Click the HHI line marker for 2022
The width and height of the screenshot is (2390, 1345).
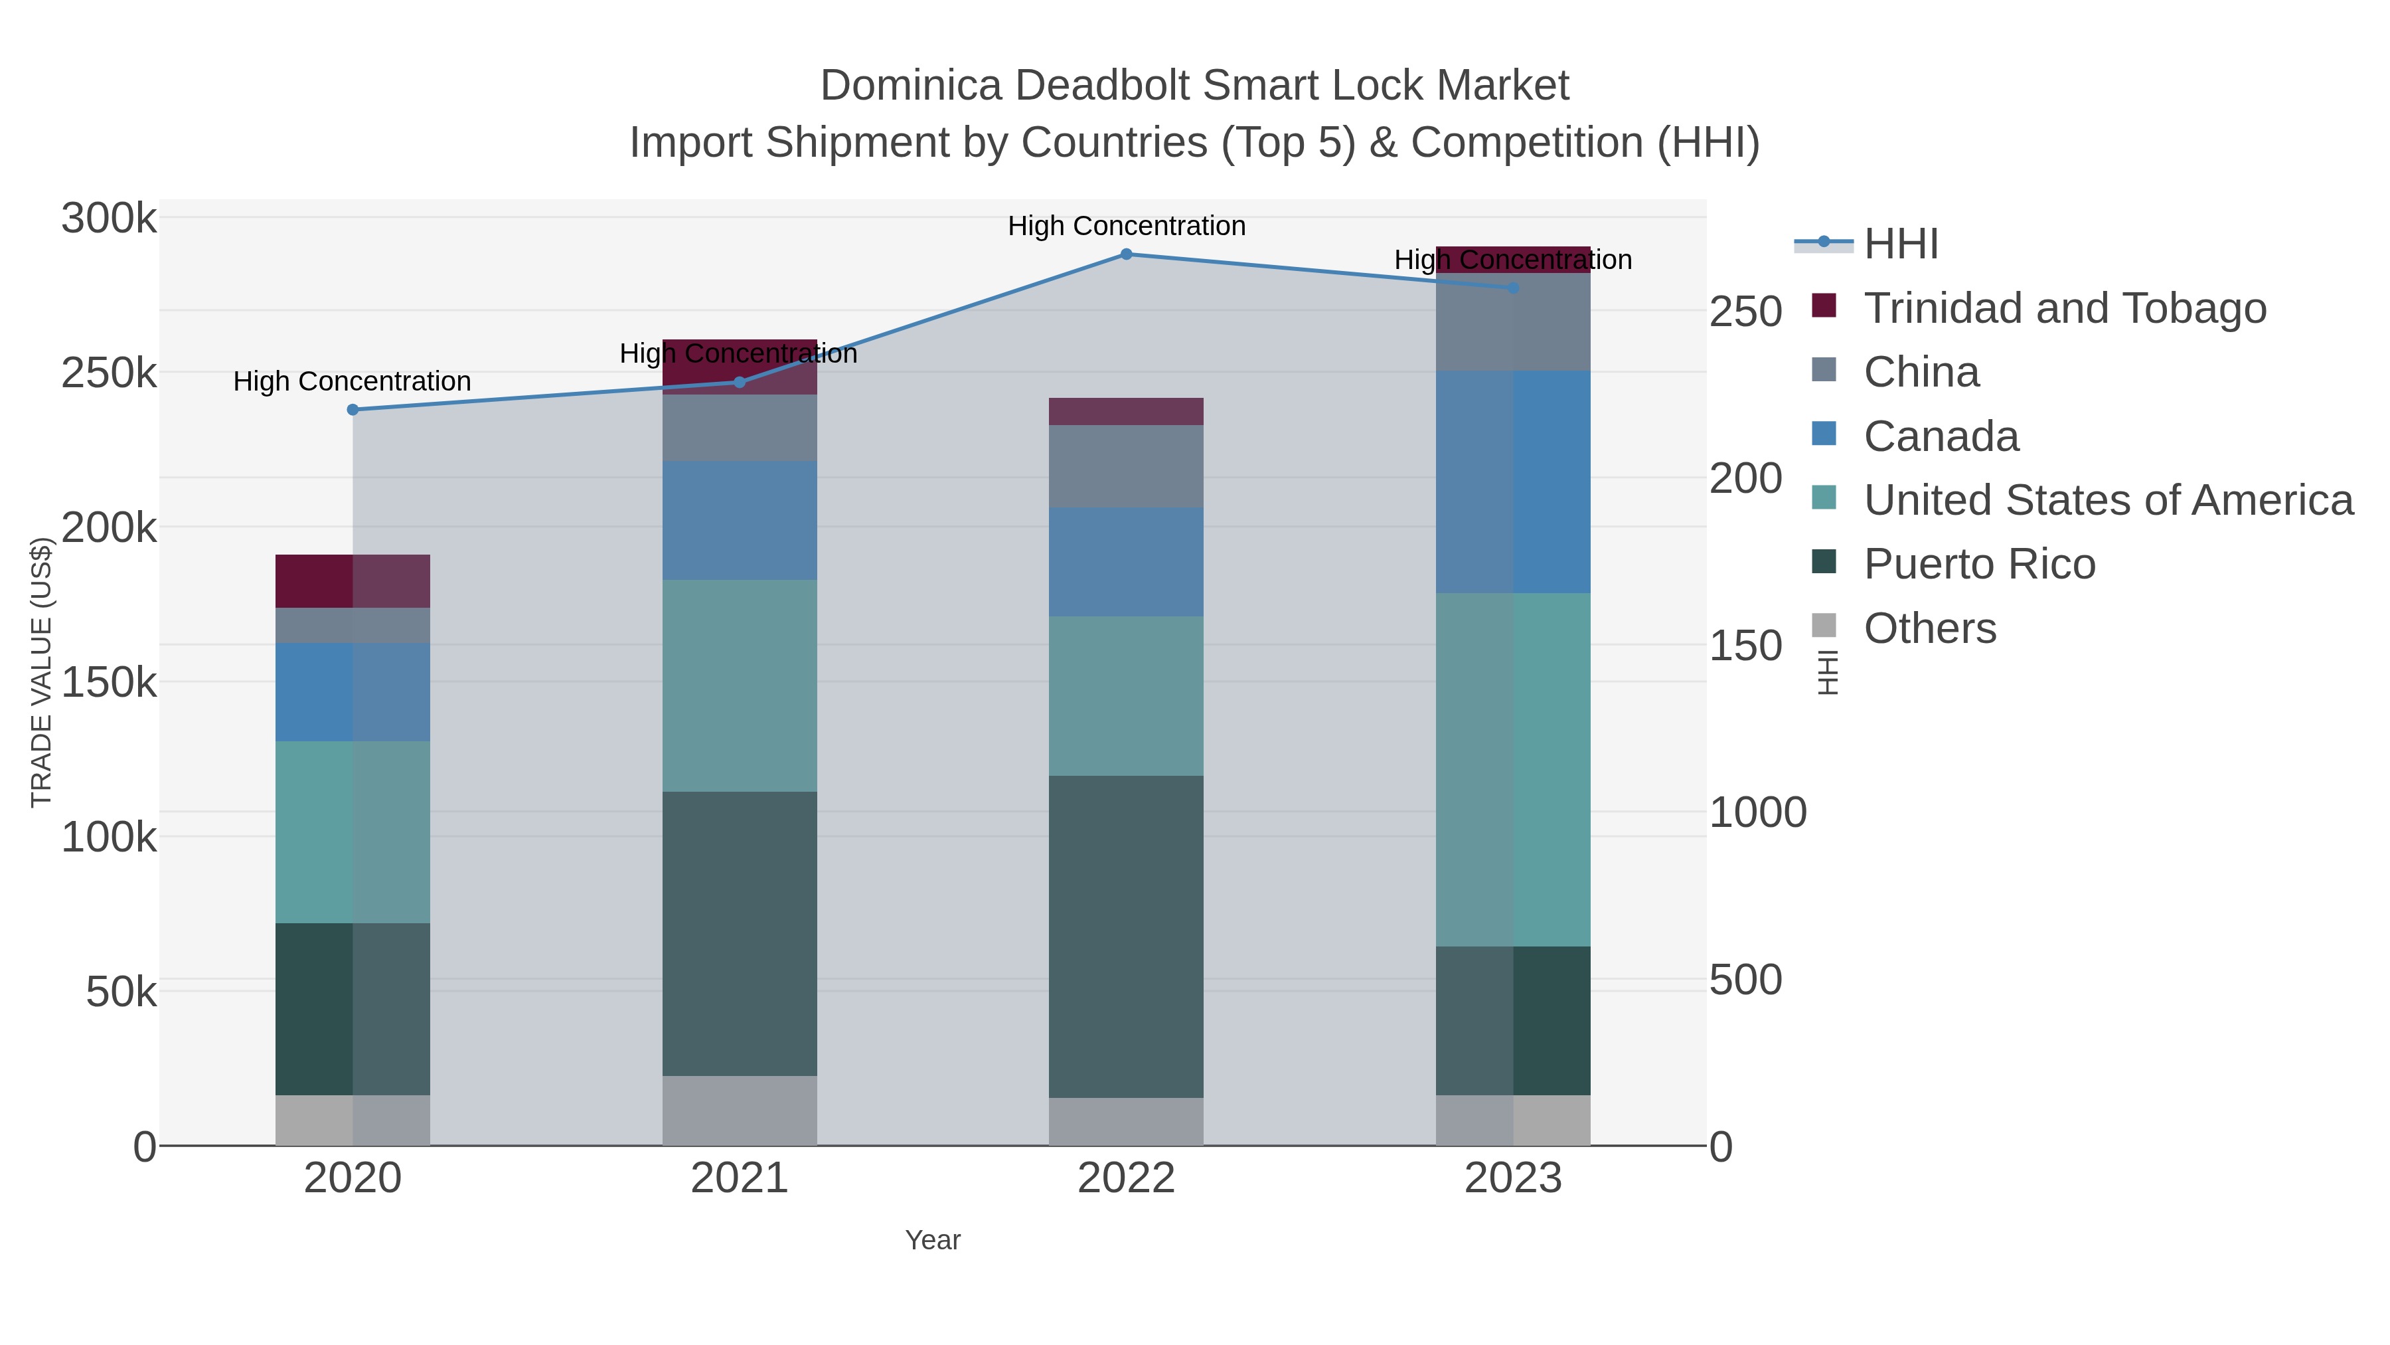coord(1127,254)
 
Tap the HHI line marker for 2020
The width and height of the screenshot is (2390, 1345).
coord(353,409)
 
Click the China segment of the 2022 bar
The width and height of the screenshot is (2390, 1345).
coord(1127,466)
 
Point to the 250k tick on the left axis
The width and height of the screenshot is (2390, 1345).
coord(109,373)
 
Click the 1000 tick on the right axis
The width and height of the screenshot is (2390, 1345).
coord(1757,812)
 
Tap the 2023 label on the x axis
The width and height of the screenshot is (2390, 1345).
coord(1513,1179)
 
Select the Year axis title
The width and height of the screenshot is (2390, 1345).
coord(933,1240)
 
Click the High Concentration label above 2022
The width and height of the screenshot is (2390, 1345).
coord(1127,226)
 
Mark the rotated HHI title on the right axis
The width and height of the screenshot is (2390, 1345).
coord(1827,672)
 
